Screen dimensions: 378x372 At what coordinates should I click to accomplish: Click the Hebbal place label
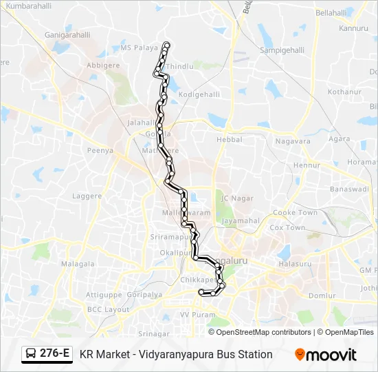(229, 139)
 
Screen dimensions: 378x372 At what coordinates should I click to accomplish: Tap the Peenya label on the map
(100, 150)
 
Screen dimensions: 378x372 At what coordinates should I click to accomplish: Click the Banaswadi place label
(350, 188)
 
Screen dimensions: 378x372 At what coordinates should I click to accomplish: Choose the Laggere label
(87, 196)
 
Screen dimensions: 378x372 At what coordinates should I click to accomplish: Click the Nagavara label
(293, 141)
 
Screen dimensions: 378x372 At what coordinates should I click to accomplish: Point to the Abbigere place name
(103, 66)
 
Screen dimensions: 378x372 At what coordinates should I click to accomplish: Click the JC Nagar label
(233, 198)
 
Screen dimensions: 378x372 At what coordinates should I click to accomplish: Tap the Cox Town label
(287, 227)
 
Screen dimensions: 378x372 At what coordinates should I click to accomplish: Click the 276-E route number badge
(54, 354)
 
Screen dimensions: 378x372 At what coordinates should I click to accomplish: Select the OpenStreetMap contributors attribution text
(264, 332)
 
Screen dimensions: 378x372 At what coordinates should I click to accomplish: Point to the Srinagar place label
(153, 333)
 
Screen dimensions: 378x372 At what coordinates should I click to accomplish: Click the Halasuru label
(294, 264)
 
